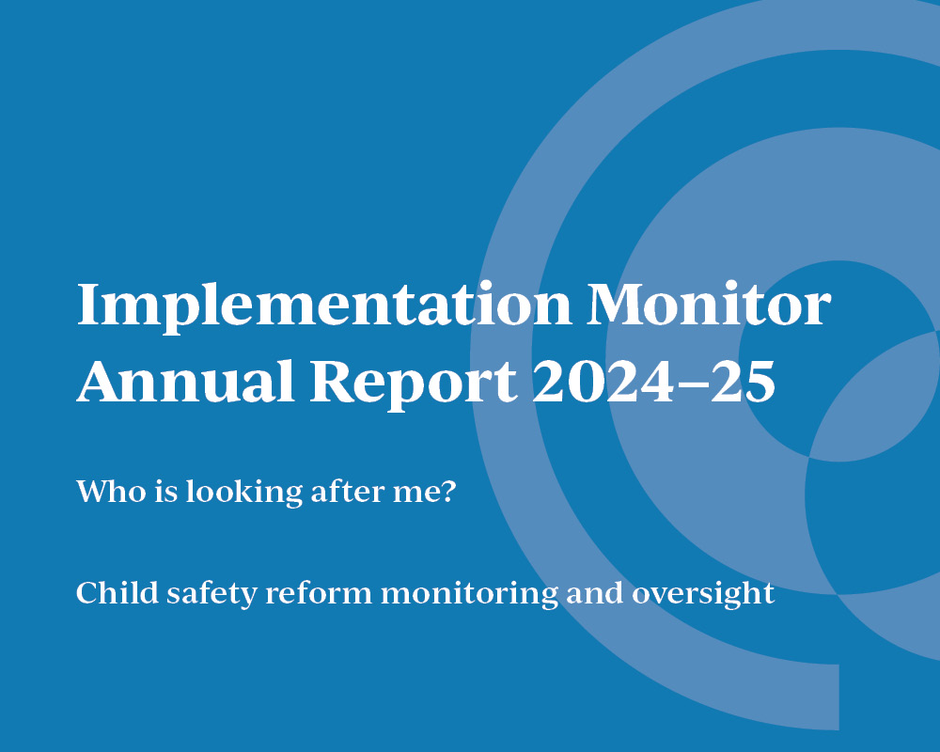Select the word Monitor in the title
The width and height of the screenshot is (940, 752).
tap(709, 304)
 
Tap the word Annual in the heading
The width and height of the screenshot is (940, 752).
tap(186, 380)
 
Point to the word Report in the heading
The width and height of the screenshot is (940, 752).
tap(414, 384)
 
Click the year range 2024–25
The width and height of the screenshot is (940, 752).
tap(654, 380)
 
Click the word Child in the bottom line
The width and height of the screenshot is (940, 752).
tap(117, 592)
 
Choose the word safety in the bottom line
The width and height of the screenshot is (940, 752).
tap(211, 594)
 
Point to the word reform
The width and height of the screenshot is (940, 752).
tap(319, 593)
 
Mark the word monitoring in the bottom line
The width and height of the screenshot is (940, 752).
tap(469, 594)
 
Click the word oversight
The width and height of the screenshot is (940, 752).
tap(703, 594)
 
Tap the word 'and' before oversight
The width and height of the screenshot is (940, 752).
tap(595, 592)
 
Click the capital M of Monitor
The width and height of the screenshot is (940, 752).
tap(619, 304)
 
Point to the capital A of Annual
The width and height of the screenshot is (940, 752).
tap(102, 380)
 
